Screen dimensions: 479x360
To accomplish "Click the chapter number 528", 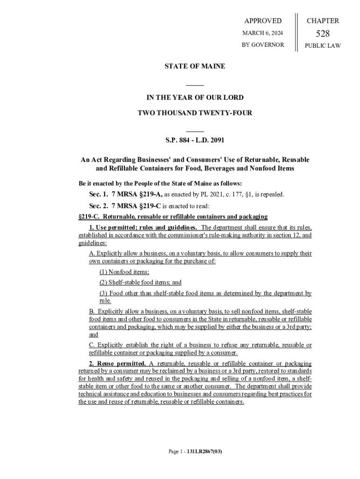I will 323,34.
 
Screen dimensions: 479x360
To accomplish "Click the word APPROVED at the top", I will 263,21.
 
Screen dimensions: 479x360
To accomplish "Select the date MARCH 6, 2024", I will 262,33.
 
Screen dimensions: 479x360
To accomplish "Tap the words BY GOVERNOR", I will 262,45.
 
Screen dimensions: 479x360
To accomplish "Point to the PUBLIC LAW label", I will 323,46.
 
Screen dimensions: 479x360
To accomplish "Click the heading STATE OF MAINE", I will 194,66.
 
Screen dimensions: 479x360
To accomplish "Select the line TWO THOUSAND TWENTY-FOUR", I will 194,113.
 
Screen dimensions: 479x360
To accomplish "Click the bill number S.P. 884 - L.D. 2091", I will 194,140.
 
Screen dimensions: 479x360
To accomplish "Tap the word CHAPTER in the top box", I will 323,21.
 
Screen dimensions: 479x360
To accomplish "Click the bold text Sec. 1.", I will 99,194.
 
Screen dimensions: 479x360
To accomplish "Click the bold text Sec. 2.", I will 99,206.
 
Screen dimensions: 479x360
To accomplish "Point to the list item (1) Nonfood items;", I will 124,272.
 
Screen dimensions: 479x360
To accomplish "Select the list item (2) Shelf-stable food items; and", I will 140,283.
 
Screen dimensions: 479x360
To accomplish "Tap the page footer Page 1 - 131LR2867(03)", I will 195,452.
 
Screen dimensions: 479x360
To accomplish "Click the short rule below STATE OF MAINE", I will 195,85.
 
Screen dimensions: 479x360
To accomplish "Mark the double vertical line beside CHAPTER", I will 296,33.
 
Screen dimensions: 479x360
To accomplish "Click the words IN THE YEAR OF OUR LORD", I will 195,97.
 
